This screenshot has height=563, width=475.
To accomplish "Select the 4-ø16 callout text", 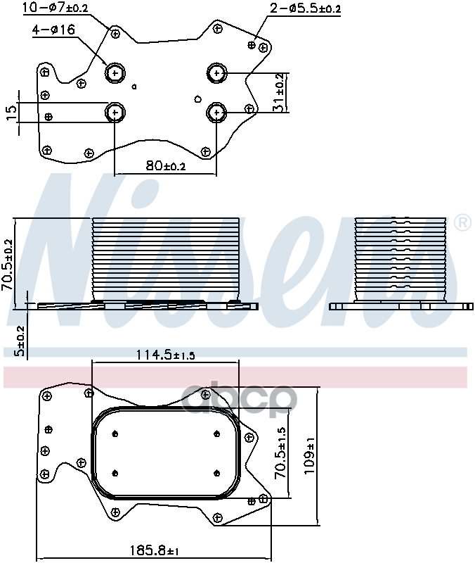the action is pyautogui.click(x=53, y=30).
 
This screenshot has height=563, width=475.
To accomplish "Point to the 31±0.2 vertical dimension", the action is pyautogui.click(x=279, y=92).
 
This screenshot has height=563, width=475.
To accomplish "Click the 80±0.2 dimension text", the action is pyautogui.click(x=165, y=166).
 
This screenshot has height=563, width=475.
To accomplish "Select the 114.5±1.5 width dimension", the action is pyautogui.click(x=165, y=355).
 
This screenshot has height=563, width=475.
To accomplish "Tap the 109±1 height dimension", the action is pyautogui.click(x=311, y=456).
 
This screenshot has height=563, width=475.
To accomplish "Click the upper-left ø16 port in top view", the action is pyautogui.click(x=115, y=72).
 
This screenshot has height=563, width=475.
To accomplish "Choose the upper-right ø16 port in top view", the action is pyautogui.click(x=216, y=72).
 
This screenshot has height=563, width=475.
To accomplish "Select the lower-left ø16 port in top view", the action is pyautogui.click(x=115, y=112).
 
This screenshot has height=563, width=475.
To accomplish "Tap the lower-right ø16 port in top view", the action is pyautogui.click(x=216, y=112).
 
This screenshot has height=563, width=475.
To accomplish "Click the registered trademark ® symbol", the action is pyautogui.click(x=462, y=224).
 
